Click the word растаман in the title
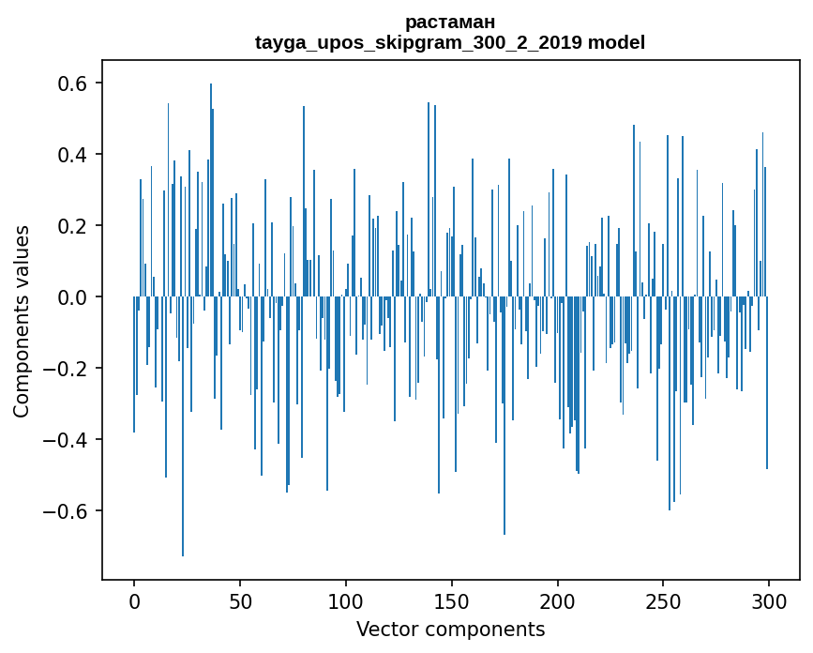[x=450, y=22]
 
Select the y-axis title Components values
[x=22, y=321]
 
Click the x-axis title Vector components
[x=450, y=630]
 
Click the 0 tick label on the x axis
[x=134, y=600]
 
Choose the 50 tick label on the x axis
[x=240, y=600]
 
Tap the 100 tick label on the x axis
[x=346, y=600]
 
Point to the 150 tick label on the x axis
[x=452, y=600]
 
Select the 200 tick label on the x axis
[x=557, y=600]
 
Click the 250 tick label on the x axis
[x=663, y=600]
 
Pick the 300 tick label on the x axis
[x=769, y=600]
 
